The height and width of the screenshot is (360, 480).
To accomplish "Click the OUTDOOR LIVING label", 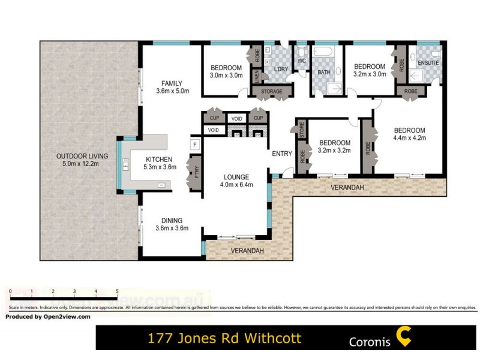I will (x=77, y=156).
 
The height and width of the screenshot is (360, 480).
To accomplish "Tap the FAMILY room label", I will (x=172, y=83).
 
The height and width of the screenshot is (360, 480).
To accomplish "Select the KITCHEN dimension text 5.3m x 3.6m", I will (x=160, y=167).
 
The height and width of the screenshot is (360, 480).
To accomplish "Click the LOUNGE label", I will (x=236, y=177).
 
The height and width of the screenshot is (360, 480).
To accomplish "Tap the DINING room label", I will (x=171, y=220).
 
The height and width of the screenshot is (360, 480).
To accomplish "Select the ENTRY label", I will (x=282, y=154).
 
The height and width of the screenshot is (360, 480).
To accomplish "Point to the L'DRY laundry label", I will (x=280, y=69).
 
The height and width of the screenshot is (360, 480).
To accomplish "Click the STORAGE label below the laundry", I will (x=272, y=92).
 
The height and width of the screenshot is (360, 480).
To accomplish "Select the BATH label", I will (x=324, y=73).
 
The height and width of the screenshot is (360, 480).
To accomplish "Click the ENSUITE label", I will (x=428, y=63).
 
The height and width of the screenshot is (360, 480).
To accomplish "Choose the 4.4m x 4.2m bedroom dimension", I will (x=409, y=138).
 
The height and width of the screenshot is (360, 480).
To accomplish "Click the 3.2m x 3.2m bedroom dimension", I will (x=334, y=151).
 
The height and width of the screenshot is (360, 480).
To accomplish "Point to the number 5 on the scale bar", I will (x=117, y=291).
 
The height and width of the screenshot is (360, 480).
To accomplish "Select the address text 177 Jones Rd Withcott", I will (x=224, y=338).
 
